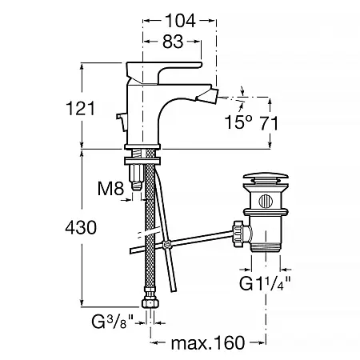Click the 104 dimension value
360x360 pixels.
tap(180, 21)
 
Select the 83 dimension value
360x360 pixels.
tap(173, 42)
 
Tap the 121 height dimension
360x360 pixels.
tap(80, 108)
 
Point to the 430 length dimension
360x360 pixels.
tap(81, 227)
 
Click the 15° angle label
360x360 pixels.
tap(238, 122)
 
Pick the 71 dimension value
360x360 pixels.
tap(269, 123)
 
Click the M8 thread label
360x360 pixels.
tap(110, 188)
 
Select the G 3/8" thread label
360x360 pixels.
tap(112, 322)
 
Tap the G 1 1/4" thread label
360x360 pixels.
tap(265, 283)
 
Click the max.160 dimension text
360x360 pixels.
tap(208, 342)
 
